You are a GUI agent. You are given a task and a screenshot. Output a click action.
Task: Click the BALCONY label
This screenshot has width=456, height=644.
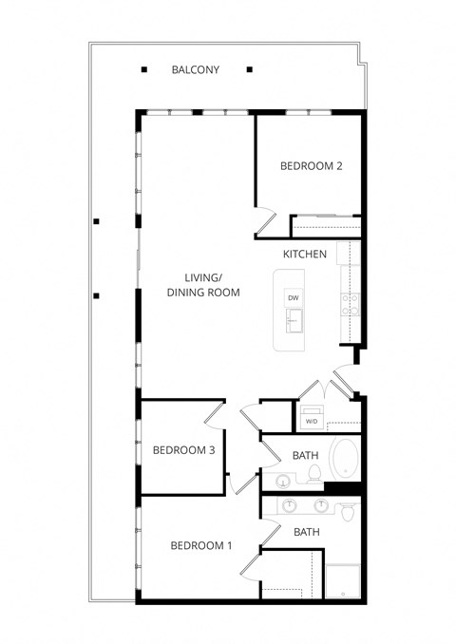196,70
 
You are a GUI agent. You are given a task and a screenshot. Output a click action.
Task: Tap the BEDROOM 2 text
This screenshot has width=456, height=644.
311,166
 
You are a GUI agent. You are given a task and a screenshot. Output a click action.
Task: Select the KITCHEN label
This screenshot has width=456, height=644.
305,255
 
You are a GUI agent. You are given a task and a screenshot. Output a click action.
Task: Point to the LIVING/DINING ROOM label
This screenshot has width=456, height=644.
202,285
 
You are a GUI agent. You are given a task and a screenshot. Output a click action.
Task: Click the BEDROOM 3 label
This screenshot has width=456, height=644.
184,450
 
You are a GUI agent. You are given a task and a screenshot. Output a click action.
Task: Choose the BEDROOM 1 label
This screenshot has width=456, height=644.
200,545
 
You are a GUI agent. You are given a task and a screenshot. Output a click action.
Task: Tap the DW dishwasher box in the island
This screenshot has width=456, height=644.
294,298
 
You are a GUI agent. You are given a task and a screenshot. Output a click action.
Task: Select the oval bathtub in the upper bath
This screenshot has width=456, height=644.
344,461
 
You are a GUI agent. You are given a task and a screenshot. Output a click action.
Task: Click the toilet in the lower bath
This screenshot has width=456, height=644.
349,512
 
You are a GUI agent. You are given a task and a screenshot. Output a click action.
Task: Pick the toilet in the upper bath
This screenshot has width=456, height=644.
284,482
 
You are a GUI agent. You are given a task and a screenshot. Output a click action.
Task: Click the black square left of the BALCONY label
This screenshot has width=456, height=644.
144,69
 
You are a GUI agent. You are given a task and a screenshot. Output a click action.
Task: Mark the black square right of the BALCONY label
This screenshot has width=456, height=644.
249,69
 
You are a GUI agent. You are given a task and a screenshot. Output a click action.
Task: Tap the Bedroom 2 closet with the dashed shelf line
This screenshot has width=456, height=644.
326,227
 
